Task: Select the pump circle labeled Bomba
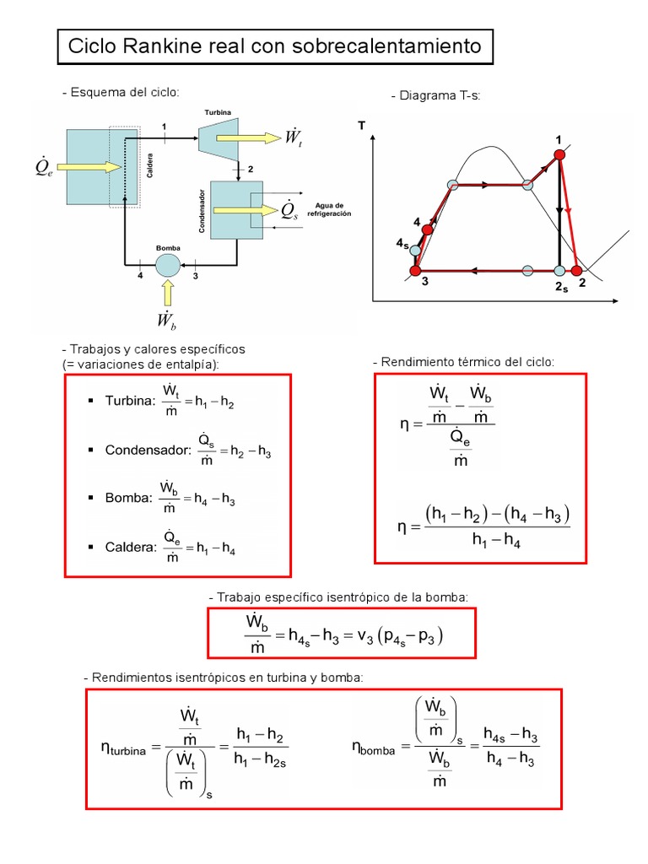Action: point(168,265)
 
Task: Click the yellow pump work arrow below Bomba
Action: point(168,294)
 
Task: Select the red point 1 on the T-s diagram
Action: point(559,154)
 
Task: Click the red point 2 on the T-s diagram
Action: point(577,271)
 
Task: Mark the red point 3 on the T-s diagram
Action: point(415,271)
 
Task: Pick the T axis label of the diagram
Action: point(362,126)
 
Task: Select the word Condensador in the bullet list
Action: point(143,451)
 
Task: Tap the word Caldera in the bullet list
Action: point(131,547)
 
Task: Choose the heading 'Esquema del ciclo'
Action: point(121,91)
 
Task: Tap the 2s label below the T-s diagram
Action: point(561,287)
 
